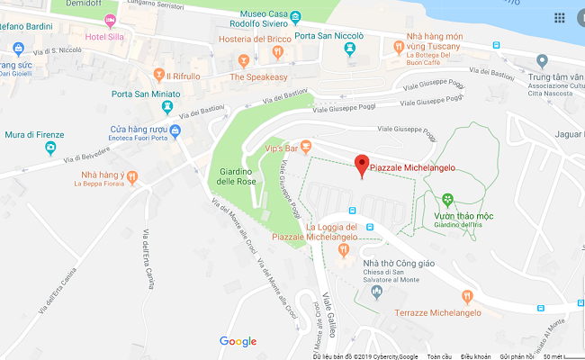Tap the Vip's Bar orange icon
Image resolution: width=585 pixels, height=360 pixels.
pyautogui.click(x=306, y=146)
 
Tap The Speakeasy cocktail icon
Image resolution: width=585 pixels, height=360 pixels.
pyautogui.click(x=243, y=62)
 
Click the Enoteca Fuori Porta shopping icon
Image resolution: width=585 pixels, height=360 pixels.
pyautogui.click(x=175, y=132)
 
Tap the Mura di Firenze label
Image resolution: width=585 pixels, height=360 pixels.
pyautogui.click(x=35, y=135)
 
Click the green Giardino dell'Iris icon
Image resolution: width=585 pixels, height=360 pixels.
pyautogui.click(x=447, y=199)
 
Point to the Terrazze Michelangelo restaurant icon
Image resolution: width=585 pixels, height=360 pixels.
pyautogui.click(x=466, y=296)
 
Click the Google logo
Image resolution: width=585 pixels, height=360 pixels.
pyautogui.click(x=238, y=341)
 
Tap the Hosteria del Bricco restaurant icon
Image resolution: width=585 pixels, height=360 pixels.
pyautogui.click(x=279, y=55)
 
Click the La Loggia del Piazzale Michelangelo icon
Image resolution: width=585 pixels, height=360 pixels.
pyautogui.click(x=343, y=248)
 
